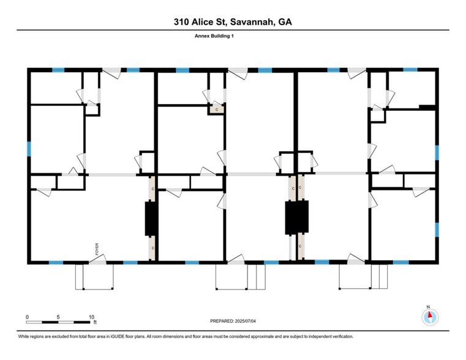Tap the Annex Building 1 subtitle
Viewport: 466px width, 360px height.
click(x=214, y=36)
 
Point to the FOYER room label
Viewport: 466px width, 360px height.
click(x=97, y=249)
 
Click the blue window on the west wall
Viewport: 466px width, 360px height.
click(x=28, y=149)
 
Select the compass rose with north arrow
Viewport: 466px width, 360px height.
click(x=430, y=316)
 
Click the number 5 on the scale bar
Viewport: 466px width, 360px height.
click(x=58, y=317)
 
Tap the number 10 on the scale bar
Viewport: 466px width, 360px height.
click(x=91, y=317)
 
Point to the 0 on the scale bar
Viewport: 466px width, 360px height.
click(x=27, y=317)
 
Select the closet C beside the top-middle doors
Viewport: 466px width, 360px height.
click(x=217, y=108)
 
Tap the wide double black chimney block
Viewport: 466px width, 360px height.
click(x=296, y=217)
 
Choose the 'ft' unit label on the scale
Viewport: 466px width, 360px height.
click(x=95, y=322)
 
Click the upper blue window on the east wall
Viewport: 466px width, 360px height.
click(x=437, y=152)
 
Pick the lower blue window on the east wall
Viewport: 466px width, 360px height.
click(x=437, y=230)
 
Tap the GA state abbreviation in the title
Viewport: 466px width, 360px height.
click(x=285, y=22)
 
